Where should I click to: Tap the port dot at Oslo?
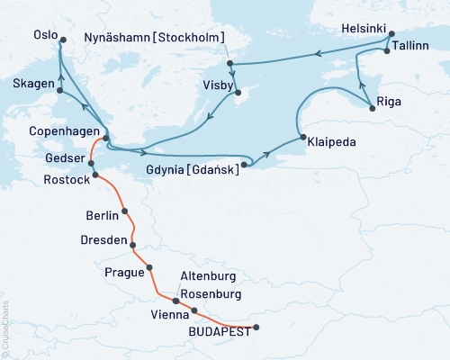click(61, 40)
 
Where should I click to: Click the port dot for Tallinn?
click(387, 50)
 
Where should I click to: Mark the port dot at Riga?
click(370, 108)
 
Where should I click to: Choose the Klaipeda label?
click(330, 142)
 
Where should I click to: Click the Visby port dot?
click(236, 93)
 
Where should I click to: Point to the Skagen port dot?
click(59, 90)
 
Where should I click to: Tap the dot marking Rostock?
click(94, 175)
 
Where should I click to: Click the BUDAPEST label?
click(216, 329)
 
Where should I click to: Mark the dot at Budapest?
click(256, 328)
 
